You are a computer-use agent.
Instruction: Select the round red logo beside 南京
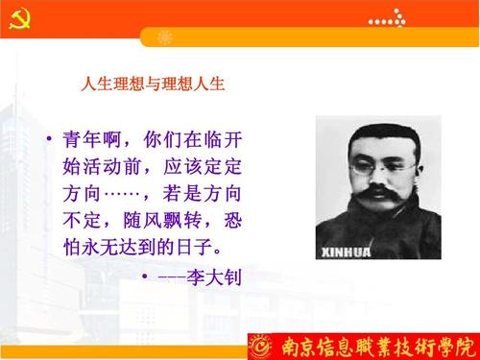260,343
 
